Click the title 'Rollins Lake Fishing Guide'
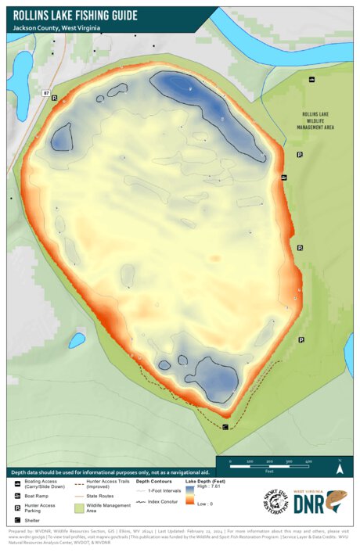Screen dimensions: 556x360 click(75, 14)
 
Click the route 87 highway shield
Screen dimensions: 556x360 click(46, 93)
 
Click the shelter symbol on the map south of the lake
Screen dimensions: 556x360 click(225, 426)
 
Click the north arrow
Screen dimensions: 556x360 click(339, 468)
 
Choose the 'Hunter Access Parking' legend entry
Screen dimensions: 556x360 click(38, 508)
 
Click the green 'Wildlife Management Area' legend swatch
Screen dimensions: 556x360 click(80, 508)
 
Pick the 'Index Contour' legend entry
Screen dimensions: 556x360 click(158, 502)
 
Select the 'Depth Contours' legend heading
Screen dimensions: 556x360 click(153, 482)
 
